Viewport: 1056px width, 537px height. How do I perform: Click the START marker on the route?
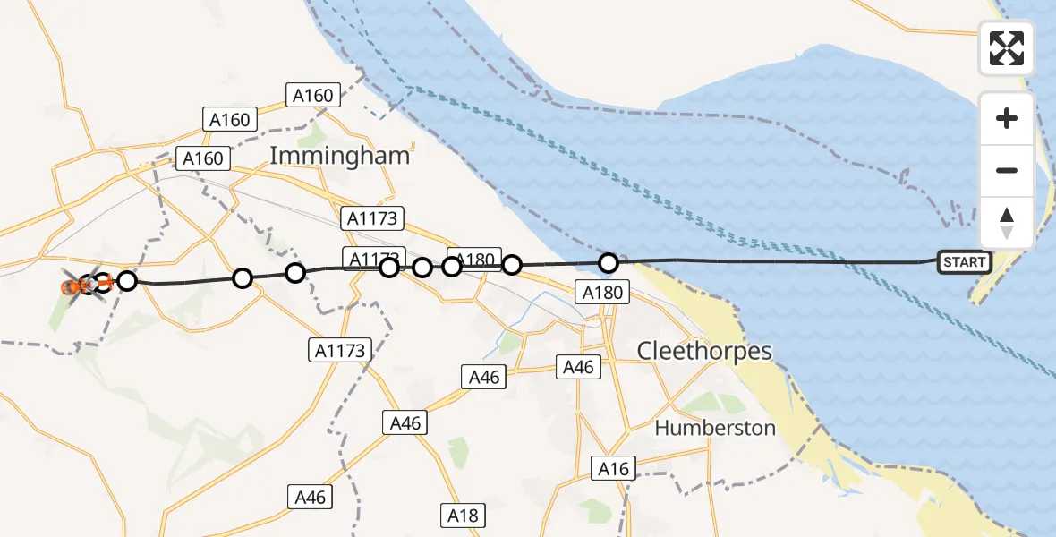[x=964, y=262]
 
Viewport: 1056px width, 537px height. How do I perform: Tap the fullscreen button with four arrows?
[x=1007, y=47]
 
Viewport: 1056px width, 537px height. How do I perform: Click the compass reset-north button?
[x=1007, y=223]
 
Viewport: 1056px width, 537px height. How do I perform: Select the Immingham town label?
[x=339, y=156]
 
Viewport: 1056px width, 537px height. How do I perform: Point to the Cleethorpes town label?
[x=704, y=351]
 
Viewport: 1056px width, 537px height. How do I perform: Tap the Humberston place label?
[x=715, y=428]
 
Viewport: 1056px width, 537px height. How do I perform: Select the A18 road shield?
[x=464, y=516]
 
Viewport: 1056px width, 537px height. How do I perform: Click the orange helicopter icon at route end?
[x=72, y=287]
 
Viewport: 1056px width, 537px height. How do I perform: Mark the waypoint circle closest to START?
[x=609, y=263]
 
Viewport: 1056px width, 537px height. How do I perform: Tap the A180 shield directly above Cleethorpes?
[x=602, y=292]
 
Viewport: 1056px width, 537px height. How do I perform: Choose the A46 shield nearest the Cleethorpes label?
[x=578, y=366]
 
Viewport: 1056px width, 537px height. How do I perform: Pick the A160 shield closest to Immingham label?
[x=311, y=96]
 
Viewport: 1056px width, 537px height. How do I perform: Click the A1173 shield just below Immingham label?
[x=373, y=217]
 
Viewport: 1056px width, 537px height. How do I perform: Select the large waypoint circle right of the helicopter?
[x=127, y=281]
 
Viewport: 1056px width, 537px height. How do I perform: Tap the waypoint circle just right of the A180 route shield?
[x=512, y=264]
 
